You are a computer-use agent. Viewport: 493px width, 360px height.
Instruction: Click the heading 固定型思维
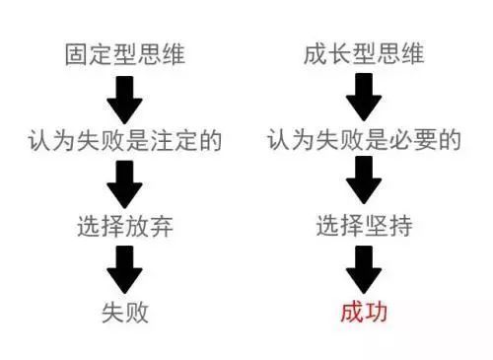pyautogui.click(x=125, y=55)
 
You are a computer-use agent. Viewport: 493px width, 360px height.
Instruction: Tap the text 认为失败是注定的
pyautogui.click(x=125, y=141)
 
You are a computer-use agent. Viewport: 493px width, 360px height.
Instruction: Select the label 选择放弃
pyautogui.click(x=125, y=226)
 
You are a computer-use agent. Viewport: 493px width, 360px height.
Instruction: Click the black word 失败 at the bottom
pyautogui.click(x=125, y=313)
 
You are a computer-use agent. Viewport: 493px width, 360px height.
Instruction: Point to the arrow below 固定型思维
pyautogui.click(x=125, y=98)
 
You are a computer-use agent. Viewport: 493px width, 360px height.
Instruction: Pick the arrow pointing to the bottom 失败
pyautogui.click(x=125, y=268)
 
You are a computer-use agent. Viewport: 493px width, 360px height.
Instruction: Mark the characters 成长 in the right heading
pyautogui.click(x=327, y=55)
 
